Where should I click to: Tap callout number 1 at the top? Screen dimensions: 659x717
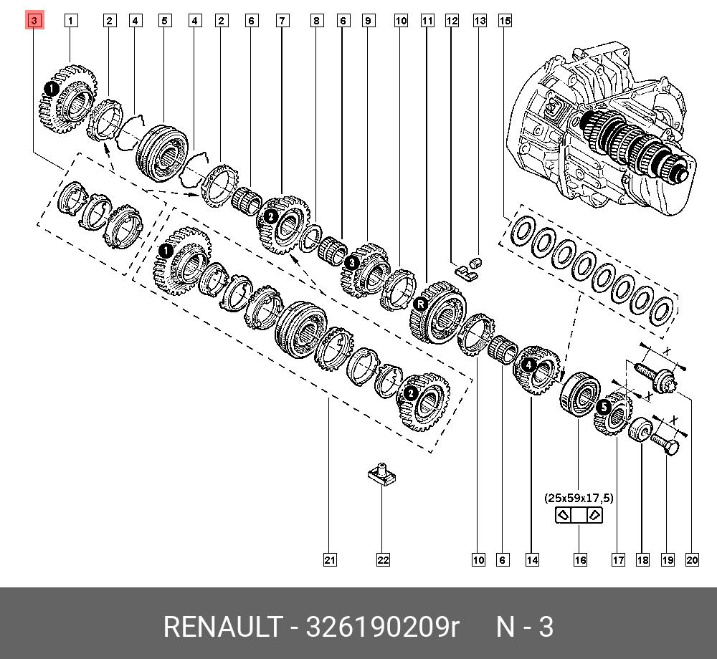[x=70, y=21]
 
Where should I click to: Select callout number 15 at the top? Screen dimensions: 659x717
[x=505, y=21]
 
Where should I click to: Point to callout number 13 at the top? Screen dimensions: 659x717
[x=480, y=21]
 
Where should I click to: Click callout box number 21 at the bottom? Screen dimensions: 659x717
[x=329, y=559]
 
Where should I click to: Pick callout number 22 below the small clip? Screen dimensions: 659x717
[x=383, y=559]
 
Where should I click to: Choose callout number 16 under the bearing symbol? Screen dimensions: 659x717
[x=579, y=559]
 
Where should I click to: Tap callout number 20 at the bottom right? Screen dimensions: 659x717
[x=692, y=559]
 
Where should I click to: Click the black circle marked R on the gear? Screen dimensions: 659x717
[x=420, y=304]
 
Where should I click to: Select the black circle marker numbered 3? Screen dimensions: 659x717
[x=351, y=264]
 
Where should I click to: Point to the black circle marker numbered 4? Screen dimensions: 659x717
[x=528, y=365]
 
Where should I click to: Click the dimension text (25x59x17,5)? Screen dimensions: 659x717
[x=579, y=497]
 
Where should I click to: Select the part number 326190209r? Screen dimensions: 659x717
[x=382, y=627]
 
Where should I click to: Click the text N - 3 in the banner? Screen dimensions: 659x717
[x=526, y=627]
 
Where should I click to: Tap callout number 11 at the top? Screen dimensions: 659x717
[x=427, y=21]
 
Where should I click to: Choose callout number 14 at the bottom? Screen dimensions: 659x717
[x=531, y=559]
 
